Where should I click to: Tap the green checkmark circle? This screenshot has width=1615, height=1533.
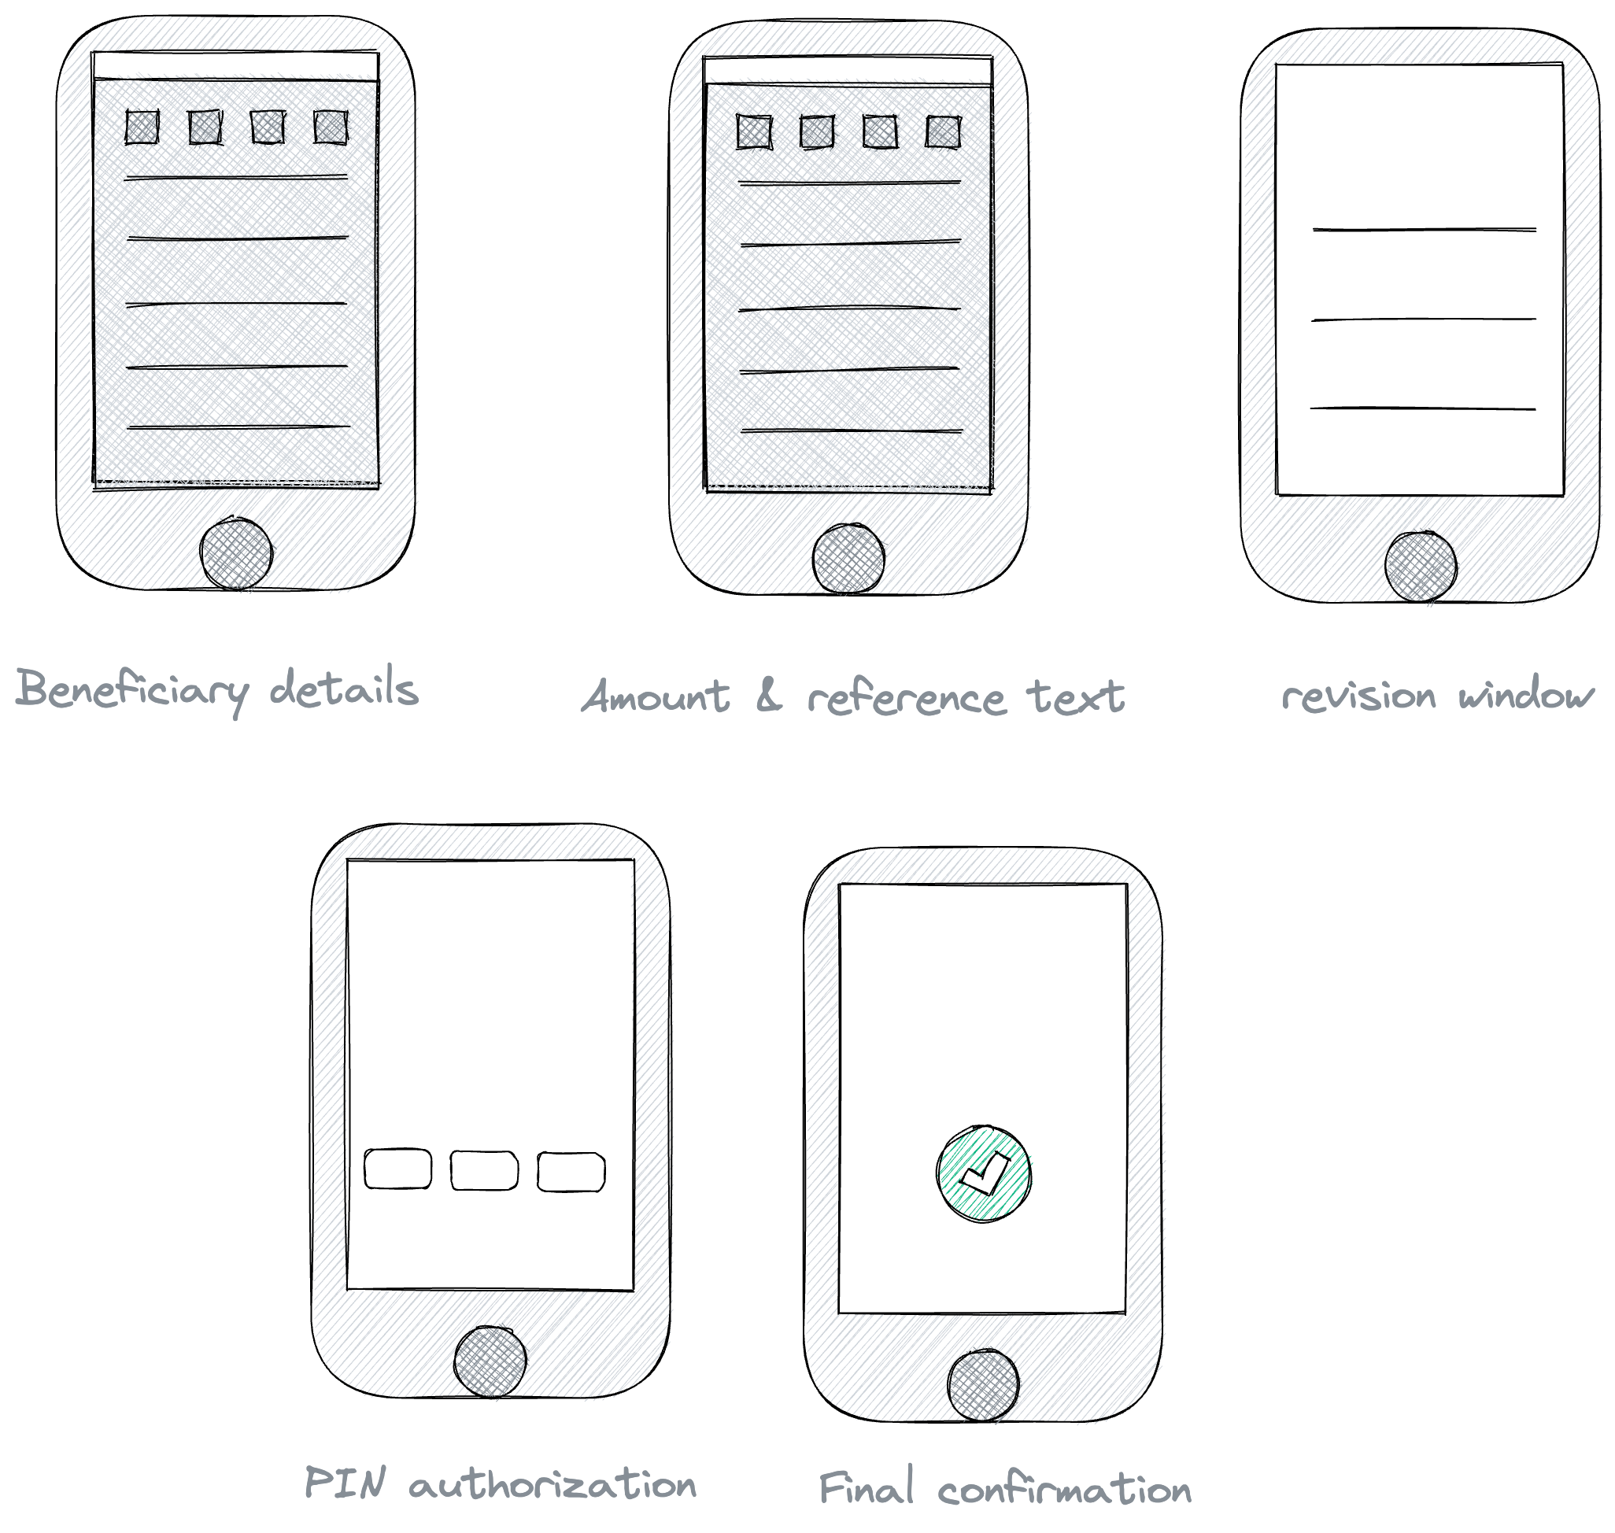[983, 1173]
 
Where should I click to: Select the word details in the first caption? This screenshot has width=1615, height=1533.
[344, 687]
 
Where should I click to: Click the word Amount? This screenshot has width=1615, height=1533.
[656, 696]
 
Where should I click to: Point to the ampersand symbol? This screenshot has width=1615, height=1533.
[769, 696]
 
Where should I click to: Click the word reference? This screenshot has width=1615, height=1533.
[907, 699]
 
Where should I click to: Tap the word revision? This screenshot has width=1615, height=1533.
[1358, 696]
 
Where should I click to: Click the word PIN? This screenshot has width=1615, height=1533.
[344, 1482]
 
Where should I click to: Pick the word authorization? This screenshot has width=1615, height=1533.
[552, 1484]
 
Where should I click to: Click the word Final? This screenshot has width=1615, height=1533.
[867, 1487]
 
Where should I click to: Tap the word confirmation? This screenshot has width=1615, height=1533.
[1065, 1490]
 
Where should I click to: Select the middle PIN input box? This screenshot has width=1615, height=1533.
[484, 1170]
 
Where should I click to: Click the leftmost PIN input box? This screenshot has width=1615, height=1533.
[397, 1169]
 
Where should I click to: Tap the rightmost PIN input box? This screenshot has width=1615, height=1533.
[571, 1172]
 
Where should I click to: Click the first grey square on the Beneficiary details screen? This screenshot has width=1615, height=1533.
[142, 127]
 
